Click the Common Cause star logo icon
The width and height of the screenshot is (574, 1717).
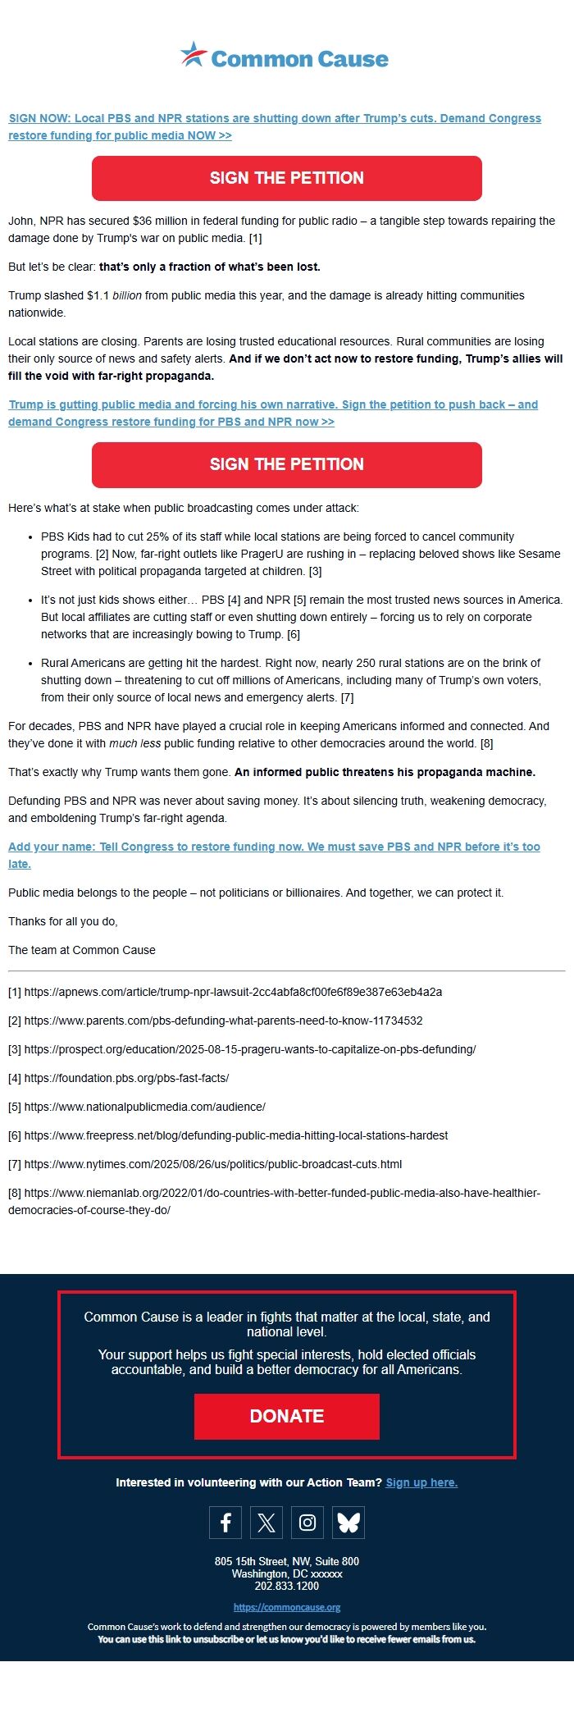pyautogui.click(x=194, y=55)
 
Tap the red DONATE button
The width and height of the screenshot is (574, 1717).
pyautogui.click(x=286, y=1416)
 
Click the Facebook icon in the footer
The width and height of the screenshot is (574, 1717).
pyautogui.click(x=225, y=1523)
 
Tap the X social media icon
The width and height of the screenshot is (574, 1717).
pyautogui.click(x=266, y=1523)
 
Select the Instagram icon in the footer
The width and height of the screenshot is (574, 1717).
pyautogui.click(x=307, y=1523)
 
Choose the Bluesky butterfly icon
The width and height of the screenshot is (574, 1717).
pyautogui.click(x=348, y=1523)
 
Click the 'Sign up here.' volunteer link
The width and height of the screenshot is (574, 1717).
pyautogui.click(x=421, y=1482)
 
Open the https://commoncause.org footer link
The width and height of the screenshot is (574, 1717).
pyautogui.click(x=287, y=1607)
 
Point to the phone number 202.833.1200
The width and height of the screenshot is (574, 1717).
pyautogui.click(x=287, y=1586)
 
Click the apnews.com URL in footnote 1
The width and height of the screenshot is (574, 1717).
pyautogui.click(x=233, y=992)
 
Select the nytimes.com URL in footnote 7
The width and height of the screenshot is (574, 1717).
pyautogui.click(x=213, y=1164)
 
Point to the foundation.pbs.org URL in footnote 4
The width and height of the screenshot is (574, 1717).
pyautogui.click(x=126, y=1078)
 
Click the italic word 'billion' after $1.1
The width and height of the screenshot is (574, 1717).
pyautogui.click(x=127, y=295)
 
